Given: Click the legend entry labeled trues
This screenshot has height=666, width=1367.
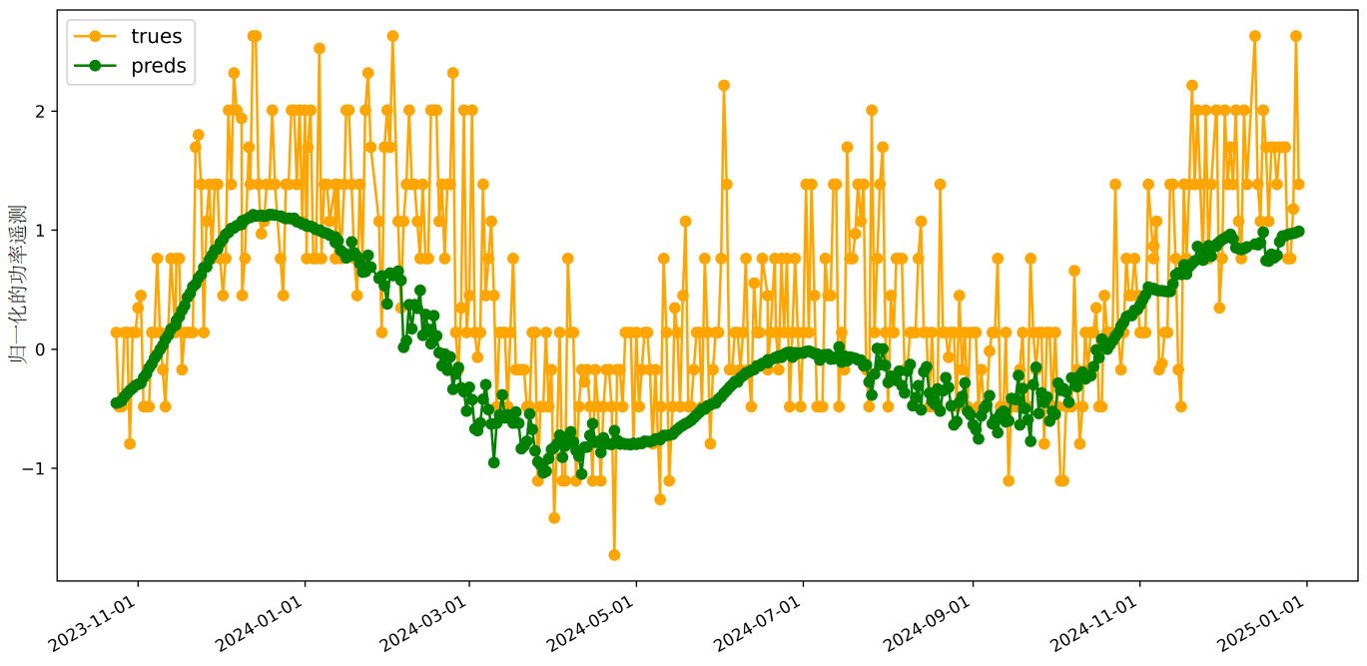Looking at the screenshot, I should [x=156, y=37].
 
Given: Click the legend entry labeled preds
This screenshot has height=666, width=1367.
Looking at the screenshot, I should [x=158, y=67].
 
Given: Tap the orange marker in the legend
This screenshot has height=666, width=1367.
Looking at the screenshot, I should [x=96, y=37].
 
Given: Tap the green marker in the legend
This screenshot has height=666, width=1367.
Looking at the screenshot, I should [x=96, y=67].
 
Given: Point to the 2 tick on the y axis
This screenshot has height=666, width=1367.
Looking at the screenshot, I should [x=42, y=110].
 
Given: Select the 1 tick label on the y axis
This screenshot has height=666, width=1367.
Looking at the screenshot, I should [x=42, y=230].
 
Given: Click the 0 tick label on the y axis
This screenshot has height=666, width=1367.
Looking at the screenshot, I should [x=42, y=349].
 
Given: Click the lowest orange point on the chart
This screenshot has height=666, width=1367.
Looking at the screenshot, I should [x=614, y=555].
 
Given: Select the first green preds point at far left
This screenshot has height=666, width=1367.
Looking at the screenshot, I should [x=116, y=403].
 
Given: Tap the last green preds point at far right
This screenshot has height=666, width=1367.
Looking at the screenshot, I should [x=1299, y=231].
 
